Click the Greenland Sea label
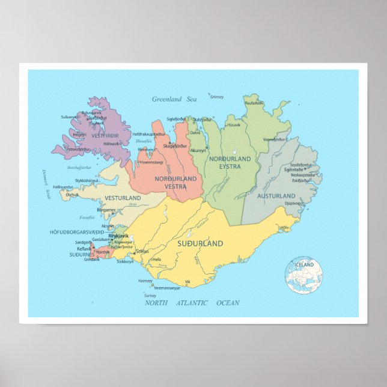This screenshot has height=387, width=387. click(174, 99)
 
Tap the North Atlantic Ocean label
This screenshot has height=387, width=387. click(192, 303)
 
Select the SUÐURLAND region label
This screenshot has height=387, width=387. click(200, 243)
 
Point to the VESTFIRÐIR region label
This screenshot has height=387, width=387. click(105, 135)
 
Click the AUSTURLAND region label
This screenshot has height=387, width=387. click(276, 196)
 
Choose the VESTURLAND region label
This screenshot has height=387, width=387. click(123, 198)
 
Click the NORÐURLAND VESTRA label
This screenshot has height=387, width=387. click(175, 183)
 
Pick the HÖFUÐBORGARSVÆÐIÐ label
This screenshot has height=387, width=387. click(77, 232)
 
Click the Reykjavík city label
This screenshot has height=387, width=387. click(118, 236)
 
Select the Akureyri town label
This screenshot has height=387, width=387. click(197, 150)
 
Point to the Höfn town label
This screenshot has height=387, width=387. click(285, 228)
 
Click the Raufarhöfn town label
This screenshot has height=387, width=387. click(254, 103)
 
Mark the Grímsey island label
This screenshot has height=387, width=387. click(217, 96)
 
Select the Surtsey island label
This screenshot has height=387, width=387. click(150, 296)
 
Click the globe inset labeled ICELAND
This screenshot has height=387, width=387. click(304, 275)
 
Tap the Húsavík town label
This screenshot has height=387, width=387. click(233, 125)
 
